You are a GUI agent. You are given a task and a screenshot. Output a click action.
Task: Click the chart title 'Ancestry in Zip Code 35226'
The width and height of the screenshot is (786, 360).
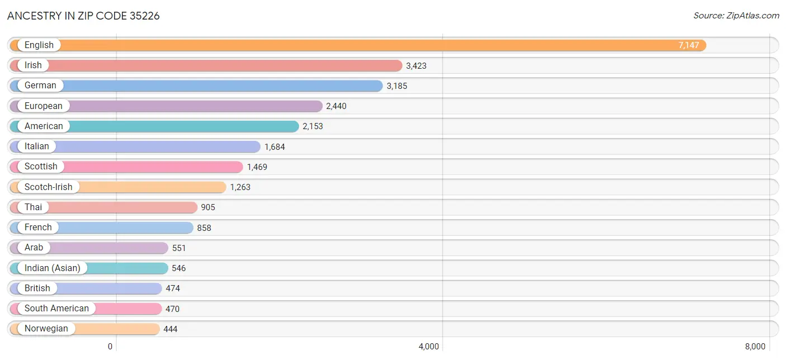pos(83,16)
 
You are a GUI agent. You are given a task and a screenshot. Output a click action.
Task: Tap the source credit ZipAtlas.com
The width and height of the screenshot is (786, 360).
pos(736,16)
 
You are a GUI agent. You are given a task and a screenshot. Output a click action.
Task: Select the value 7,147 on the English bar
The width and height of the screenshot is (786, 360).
pos(689,45)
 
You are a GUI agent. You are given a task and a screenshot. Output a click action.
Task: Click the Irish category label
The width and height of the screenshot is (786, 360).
pos(33,65)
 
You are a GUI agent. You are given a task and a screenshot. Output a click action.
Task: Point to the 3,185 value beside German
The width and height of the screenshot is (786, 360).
pos(397,86)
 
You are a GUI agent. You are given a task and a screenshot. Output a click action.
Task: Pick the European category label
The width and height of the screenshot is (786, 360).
pos(43,106)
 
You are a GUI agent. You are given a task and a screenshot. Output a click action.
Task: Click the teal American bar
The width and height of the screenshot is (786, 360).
pos(184,126)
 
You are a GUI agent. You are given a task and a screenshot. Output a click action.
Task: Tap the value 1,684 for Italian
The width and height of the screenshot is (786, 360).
pos(274,147)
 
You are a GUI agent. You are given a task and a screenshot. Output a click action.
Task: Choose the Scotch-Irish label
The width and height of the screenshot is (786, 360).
pos(48,187)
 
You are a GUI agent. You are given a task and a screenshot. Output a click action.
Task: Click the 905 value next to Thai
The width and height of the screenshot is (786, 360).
pos(208,207)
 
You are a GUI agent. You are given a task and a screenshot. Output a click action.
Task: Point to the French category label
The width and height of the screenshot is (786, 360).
pos(38,228)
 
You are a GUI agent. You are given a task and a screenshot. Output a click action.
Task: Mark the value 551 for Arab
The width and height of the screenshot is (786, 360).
pos(179,248)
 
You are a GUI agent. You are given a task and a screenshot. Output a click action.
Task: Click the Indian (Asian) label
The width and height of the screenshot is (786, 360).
pos(52,268)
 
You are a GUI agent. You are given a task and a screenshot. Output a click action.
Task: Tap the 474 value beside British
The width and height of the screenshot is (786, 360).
pos(173,288)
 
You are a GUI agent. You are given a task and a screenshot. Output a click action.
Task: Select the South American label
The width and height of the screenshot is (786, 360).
pos(56,309)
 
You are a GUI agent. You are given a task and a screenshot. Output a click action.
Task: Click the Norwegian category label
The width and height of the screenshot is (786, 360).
pos(46,329)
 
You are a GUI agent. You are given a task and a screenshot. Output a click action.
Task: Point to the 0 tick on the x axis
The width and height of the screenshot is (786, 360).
pos(110,347)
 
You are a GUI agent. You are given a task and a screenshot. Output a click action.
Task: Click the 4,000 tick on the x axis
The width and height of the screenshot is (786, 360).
pos(429,347)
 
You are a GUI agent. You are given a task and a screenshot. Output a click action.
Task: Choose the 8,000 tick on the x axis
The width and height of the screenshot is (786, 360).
pos(755,347)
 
